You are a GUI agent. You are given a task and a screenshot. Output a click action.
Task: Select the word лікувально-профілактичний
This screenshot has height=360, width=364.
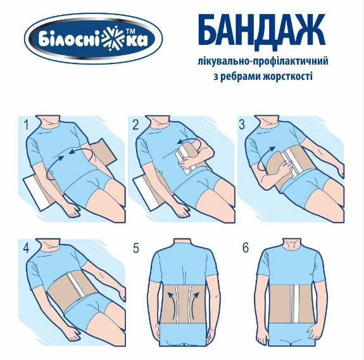[x=263, y=62]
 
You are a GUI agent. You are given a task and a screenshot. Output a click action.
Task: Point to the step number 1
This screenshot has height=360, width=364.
[x=26, y=124]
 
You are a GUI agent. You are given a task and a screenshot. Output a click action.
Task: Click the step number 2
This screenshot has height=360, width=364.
[x=135, y=125]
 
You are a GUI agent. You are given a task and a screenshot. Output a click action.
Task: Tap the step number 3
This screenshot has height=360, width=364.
[x=242, y=124]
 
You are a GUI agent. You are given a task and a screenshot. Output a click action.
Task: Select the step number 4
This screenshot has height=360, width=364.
[x=26, y=248]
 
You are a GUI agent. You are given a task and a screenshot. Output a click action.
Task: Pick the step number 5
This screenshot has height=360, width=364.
[x=136, y=248]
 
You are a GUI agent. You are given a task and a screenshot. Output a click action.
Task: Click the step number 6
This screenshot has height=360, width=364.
[x=246, y=248]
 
